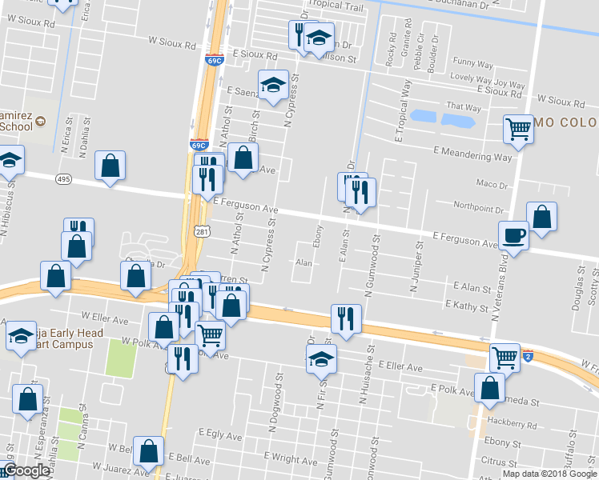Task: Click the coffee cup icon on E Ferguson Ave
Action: (x=513, y=236)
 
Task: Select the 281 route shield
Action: (x=202, y=231)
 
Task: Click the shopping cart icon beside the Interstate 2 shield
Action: (x=505, y=357)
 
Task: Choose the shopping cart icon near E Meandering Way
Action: (x=519, y=128)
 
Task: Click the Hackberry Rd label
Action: (x=509, y=424)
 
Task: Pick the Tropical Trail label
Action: (x=336, y=5)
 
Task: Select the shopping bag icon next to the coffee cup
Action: (x=541, y=216)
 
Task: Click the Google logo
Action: (x=26, y=470)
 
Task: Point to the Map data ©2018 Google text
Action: (x=549, y=473)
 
